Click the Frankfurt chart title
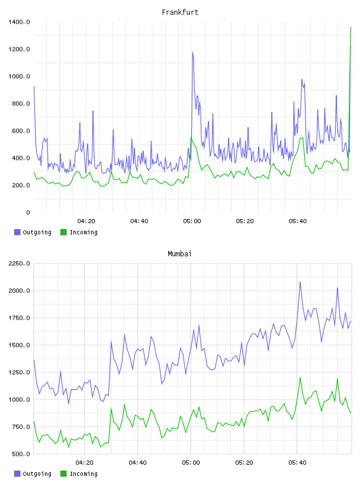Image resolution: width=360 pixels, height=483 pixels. coord(180,12)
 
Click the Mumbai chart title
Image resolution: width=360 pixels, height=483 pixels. coord(179,254)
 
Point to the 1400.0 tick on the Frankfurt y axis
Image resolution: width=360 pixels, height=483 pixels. coord(19,22)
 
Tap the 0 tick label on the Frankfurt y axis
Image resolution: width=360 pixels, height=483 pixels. coord(28,212)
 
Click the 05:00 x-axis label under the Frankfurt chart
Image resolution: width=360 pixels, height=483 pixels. coord(192,221)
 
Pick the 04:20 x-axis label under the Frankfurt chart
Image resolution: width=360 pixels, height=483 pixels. coord(86,221)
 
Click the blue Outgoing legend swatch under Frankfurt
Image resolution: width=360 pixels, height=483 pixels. coord(17,232)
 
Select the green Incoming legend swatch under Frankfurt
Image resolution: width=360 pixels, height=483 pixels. coord(63,232)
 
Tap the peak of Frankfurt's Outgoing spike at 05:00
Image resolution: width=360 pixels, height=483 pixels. coord(192,51)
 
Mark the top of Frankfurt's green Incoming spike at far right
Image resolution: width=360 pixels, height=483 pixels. coord(351,27)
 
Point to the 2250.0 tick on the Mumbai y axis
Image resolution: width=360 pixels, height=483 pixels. coord(19,263)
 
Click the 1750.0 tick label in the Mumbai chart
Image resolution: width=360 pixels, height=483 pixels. coord(19,318)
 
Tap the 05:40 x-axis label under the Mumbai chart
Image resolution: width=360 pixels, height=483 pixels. coord(297,463)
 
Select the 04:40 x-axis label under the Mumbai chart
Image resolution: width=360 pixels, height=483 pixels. coord(138,463)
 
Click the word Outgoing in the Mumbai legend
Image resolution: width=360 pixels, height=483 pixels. coord(37,474)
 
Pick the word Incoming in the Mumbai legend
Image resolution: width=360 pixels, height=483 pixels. coord(83,474)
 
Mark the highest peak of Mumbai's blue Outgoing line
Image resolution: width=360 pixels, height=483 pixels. coord(300,282)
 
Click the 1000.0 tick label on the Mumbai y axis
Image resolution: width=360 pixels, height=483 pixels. coord(19,400)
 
